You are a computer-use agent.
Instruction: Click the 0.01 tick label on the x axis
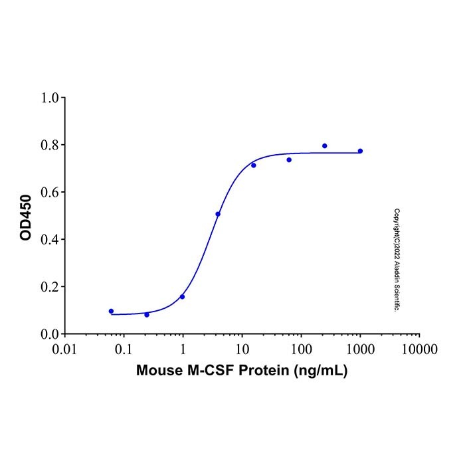click(64, 349)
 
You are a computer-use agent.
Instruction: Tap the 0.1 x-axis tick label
click(124, 349)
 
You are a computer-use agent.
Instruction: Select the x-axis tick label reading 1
click(183, 349)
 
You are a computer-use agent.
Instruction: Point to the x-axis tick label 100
click(301, 349)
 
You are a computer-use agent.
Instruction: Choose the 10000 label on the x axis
click(419, 349)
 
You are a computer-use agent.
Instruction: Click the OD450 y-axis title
click(26, 216)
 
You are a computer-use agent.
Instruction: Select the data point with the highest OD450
click(325, 145)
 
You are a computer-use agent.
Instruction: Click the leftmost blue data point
click(111, 311)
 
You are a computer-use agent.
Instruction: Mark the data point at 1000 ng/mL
click(360, 151)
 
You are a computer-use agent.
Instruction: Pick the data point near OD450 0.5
click(218, 214)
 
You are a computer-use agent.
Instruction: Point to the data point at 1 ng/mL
click(182, 296)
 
